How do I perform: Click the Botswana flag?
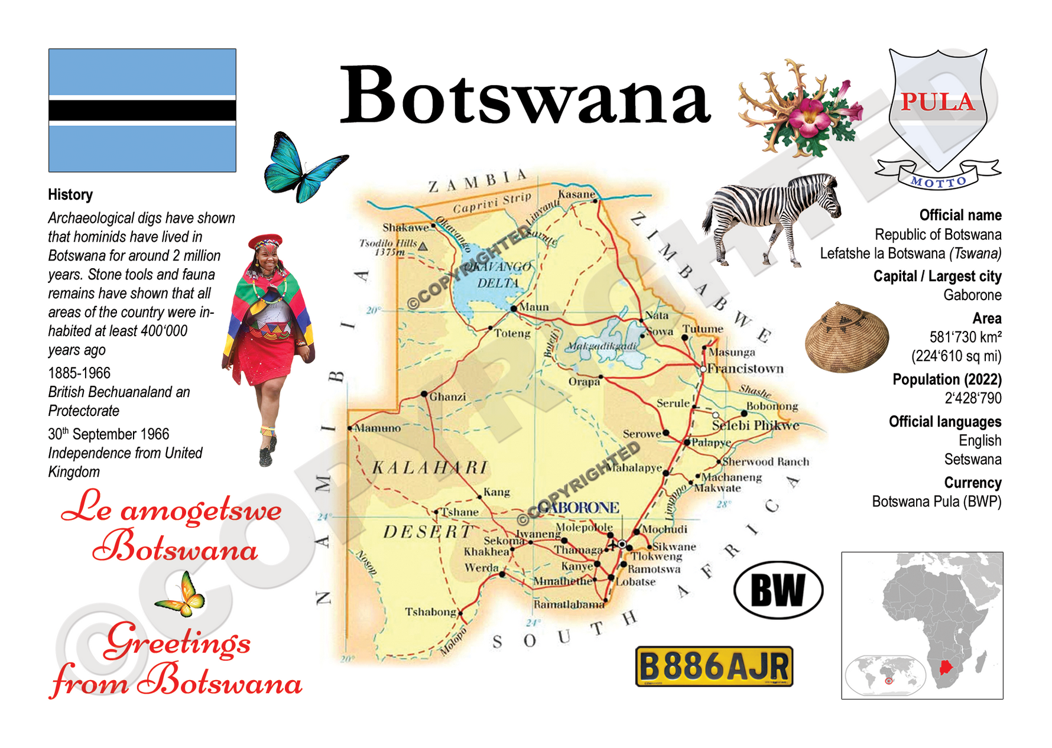(x=142, y=110)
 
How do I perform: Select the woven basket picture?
(x=846, y=337)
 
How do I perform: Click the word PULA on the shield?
(x=937, y=102)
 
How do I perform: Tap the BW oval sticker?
(x=778, y=590)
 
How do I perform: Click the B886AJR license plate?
(x=714, y=666)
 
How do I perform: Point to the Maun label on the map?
(x=534, y=307)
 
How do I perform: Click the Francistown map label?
(x=745, y=369)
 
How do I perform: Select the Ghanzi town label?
(x=447, y=396)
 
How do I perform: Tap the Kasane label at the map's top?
(x=576, y=194)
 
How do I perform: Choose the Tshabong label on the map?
(x=430, y=612)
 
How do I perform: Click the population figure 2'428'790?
(x=973, y=398)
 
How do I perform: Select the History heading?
(x=70, y=194)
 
